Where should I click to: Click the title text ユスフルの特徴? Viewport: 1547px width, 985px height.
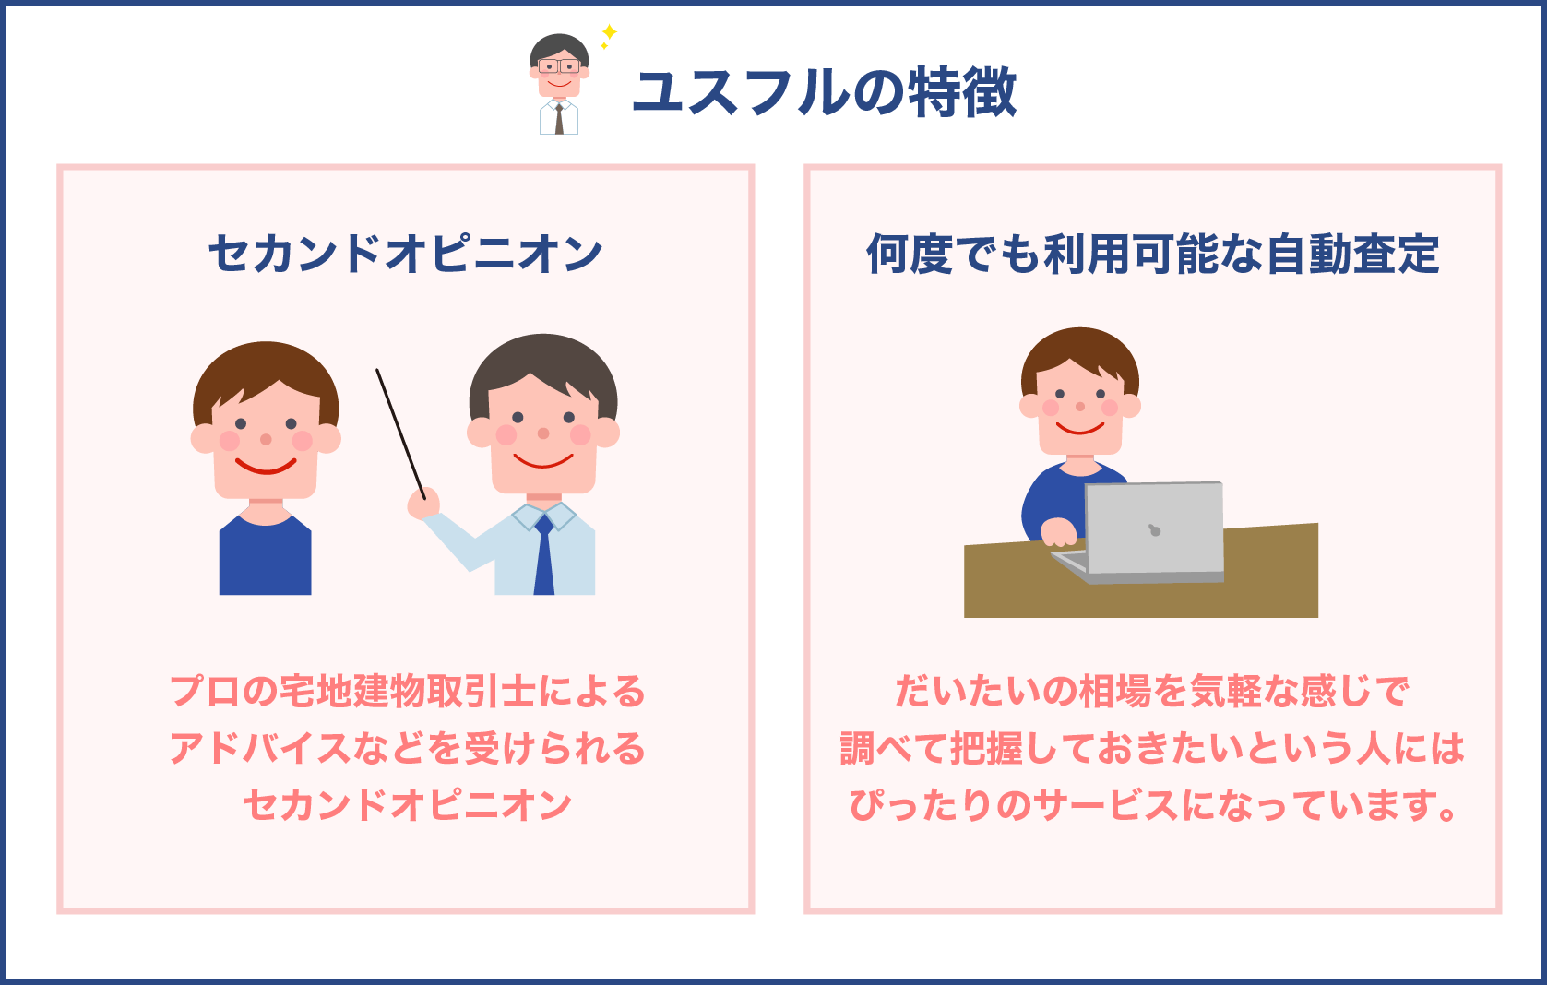point(824,92)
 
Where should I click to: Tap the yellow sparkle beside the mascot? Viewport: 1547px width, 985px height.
point(609,34)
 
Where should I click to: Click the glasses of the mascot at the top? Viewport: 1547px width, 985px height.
point(559,66)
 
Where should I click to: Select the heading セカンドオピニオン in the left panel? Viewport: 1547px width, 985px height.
point(405,254)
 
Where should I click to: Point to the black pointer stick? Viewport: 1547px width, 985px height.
point(399,432)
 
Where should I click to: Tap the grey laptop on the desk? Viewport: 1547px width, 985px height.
point(1153,530)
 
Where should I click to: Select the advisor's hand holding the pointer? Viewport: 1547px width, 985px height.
point(423,504)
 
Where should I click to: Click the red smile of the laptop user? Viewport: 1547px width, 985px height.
point(1080,428)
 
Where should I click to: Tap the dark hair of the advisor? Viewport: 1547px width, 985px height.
point(542,360)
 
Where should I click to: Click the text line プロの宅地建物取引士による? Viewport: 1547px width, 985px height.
point(407,692)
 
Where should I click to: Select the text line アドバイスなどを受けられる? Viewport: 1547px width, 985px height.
point(407,748)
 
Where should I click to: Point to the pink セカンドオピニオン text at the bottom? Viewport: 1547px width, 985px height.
point(407,805)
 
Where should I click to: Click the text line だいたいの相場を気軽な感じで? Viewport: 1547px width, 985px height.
point(1152,692)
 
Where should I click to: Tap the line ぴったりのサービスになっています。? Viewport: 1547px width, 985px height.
point(1152,805)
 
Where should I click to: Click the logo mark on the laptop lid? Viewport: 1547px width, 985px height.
point(1153,530)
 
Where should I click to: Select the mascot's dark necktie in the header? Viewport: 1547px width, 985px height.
point(559,120)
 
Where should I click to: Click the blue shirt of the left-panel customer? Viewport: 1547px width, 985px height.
point(265,558)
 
